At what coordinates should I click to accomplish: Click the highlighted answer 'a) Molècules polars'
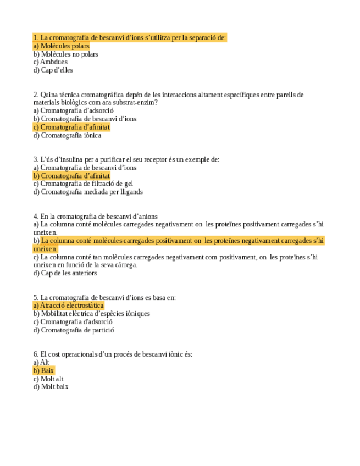pos(61,46)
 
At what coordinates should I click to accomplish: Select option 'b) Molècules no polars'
pos(65,54)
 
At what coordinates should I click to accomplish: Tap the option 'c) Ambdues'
pos(50,62)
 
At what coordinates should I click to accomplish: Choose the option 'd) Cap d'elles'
pos(53,70)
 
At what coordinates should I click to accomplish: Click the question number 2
pos(36,95)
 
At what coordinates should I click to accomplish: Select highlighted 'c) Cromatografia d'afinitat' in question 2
pos(71,127)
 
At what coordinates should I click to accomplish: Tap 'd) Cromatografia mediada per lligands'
pos(88,192)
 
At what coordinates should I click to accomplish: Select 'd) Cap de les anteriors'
pos(65,273)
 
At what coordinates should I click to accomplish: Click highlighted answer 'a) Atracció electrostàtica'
pos(68,306)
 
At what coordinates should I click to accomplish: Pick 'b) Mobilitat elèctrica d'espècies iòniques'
pos(91,314)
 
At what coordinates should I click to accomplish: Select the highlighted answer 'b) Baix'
pos(43,371)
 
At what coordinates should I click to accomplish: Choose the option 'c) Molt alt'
pos(48,379)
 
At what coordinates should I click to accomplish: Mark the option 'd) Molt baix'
pos(51,387)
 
